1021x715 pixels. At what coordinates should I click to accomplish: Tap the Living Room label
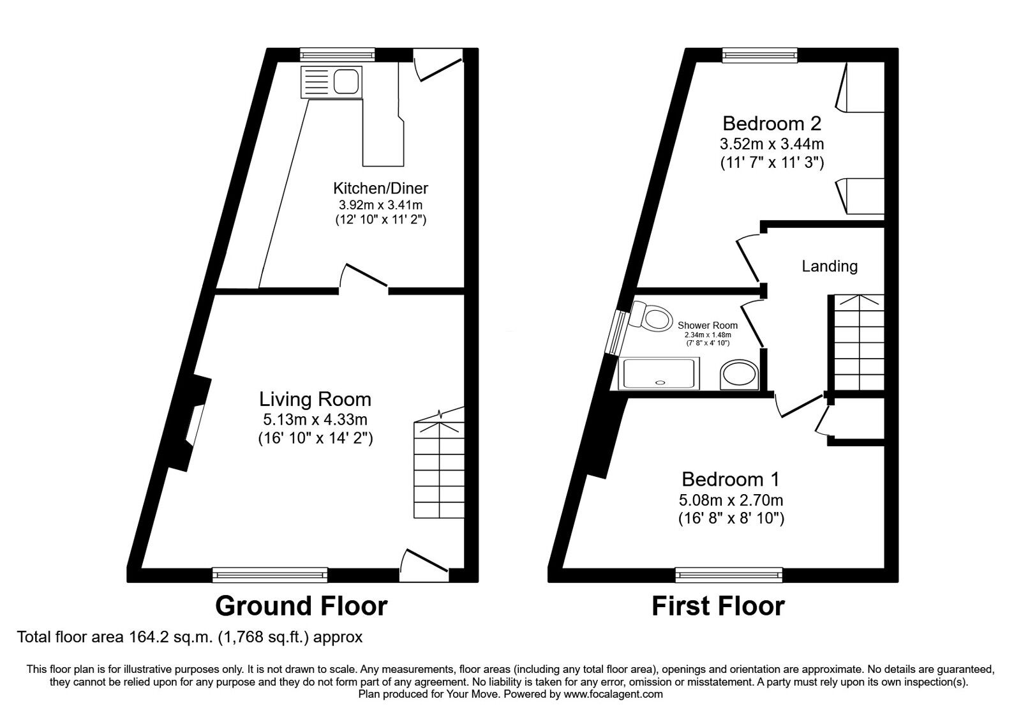click(x=315, y=400)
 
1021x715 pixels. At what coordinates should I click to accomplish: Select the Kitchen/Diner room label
click(x=380, y=188)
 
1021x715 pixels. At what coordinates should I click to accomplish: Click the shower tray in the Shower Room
click(x=660, y=373)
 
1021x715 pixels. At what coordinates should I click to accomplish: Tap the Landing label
click(x=829, y=266)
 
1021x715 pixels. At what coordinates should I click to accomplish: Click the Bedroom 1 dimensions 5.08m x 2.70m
click(x=731, y=500)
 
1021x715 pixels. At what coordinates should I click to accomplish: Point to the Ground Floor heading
click(x=301, y=605)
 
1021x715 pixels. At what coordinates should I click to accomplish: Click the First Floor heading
click(x=718, y=605)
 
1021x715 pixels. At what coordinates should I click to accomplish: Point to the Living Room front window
click(x=270, y=575)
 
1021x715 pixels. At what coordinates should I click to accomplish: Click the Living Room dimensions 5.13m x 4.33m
click(x=315, y=419)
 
